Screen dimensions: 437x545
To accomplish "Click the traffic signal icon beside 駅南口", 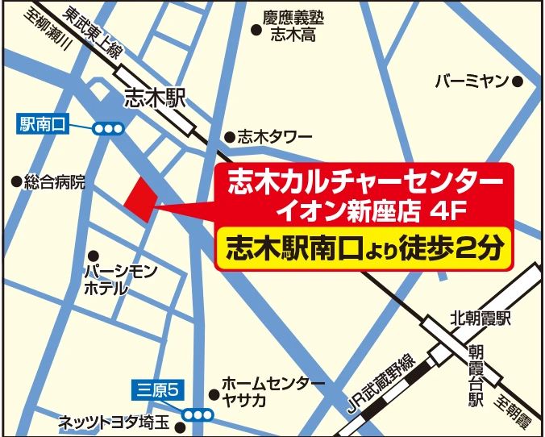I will click(107, 128).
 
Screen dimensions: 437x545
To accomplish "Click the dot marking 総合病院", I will click(15, 182).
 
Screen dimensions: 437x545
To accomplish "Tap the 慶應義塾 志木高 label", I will click(291, 25).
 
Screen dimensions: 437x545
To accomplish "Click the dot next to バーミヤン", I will click(518, 81).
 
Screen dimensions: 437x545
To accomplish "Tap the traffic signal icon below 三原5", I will click(198, 414).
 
